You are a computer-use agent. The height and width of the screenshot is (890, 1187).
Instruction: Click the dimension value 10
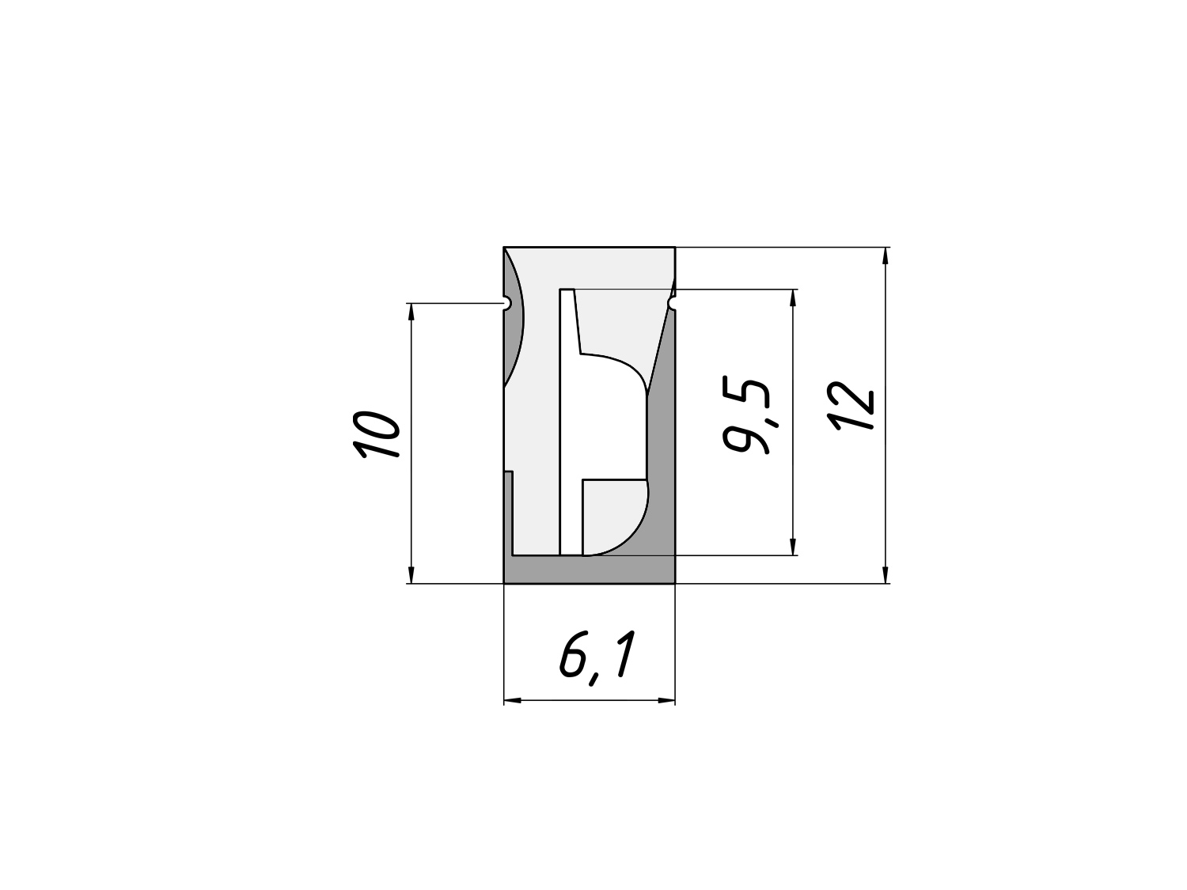[377, 434]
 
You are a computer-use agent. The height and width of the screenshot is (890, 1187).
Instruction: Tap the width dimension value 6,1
[597, 657]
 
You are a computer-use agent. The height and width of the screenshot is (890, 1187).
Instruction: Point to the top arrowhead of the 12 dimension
[886, 256]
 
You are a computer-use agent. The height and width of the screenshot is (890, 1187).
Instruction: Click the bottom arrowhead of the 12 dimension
[886, 575]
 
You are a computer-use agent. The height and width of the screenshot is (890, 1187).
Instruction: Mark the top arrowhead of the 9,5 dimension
[794, 297]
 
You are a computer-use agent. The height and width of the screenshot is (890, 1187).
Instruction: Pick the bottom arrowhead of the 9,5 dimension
[794, 547]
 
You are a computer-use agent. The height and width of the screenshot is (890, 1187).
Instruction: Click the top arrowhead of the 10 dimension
[411, 312]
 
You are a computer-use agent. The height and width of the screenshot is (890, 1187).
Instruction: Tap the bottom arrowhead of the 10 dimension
[411, 575]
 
